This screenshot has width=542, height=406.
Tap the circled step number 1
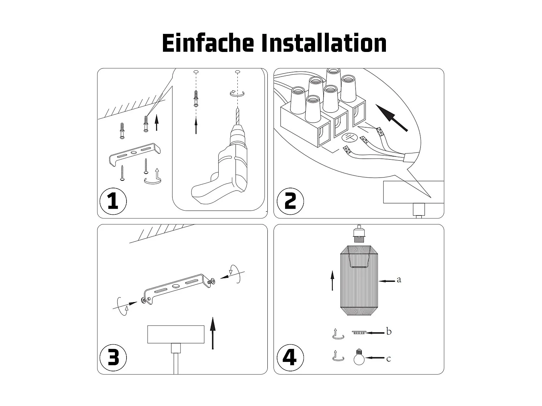click(113, 201)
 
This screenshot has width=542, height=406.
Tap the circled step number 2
click(289, 201)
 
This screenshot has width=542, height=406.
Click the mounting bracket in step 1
click(135, 153)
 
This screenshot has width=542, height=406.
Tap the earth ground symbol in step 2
click(349, 137)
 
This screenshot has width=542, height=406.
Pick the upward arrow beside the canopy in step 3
click(213, 333)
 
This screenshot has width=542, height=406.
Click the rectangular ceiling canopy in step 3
click(176, 334)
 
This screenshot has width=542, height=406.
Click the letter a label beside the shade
click(399, 280)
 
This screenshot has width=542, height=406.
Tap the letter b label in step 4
click(388, 331)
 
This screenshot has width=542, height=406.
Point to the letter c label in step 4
click(388, 359)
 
